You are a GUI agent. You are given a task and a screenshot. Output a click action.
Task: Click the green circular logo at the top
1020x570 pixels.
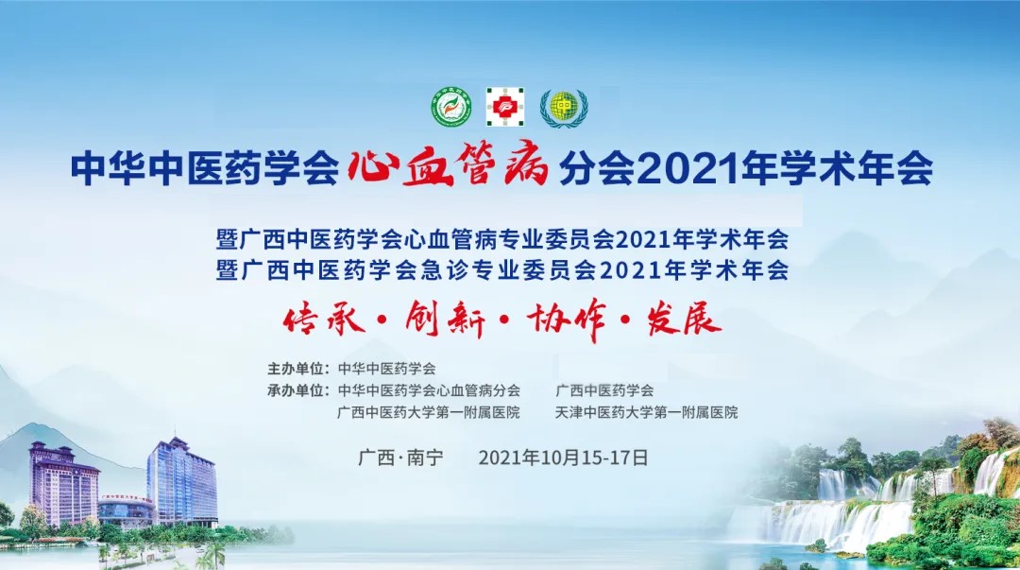tap(452, 107)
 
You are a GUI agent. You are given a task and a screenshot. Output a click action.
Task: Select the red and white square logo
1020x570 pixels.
tap(505, 107)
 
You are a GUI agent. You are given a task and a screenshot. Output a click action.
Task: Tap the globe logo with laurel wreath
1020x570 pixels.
tap(564, 108)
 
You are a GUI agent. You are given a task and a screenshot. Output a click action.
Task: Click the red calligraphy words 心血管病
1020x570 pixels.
tap(449, 166)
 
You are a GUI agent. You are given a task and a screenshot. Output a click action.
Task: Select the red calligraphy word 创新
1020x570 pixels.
tap(445, 320)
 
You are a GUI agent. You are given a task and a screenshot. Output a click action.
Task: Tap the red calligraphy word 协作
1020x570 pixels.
tap(567, 320)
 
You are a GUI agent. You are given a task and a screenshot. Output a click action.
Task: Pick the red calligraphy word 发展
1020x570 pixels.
tap(684, 320)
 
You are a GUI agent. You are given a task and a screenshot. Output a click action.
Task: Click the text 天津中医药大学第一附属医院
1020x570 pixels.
tap(647, 412)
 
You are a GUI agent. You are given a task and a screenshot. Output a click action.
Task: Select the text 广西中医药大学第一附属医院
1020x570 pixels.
tap(429, 412)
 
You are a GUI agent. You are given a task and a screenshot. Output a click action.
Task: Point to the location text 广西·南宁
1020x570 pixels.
tap(400, 458)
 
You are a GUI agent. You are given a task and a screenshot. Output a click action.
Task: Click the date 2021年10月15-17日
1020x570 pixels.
tap(563, 458)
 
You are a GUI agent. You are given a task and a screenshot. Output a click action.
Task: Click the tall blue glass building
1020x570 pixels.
tap(182, 481)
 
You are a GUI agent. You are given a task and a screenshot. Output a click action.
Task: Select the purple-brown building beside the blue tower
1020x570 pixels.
tap(63, 483)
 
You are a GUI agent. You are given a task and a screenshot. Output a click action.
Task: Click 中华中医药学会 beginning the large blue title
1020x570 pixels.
tap(206, 168)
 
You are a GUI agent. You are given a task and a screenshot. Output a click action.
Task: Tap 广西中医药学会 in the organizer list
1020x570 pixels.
tap(604, 390)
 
